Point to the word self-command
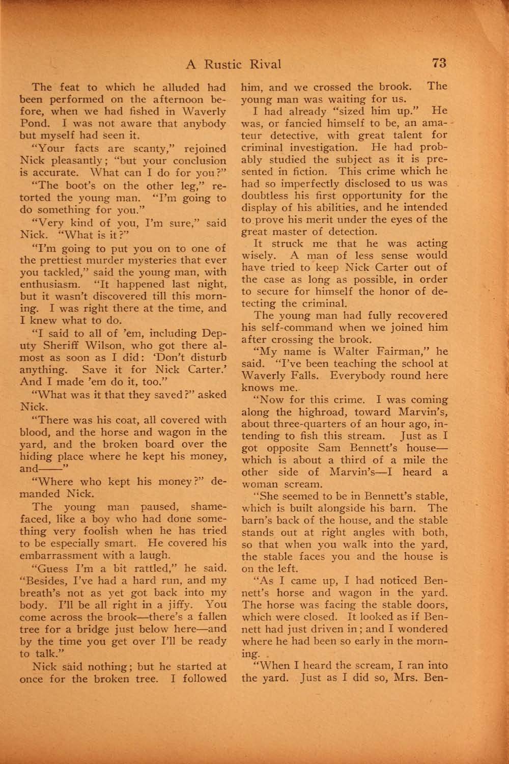click(x=295, y=328)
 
